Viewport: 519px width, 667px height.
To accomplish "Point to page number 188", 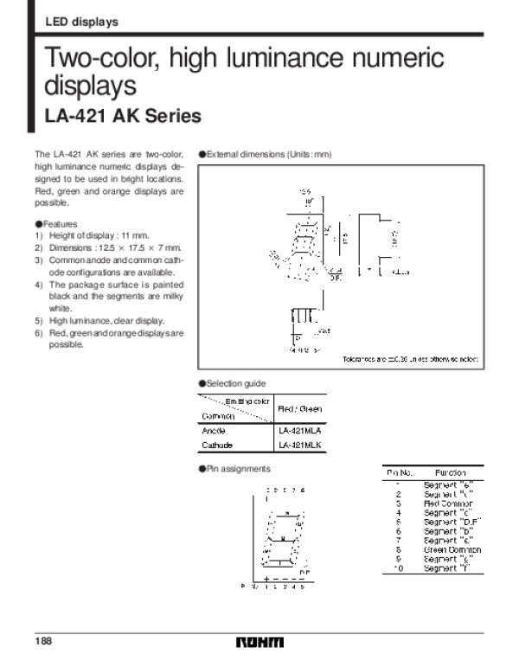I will (x=43, y=641).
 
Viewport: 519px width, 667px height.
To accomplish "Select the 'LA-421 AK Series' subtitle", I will (x=122, y=116).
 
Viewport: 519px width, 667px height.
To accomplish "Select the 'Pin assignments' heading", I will (x=235, y=468).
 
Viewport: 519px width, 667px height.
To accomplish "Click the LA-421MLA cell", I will (x=300, y=430).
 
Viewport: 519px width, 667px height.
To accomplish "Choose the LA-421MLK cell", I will (x=300, y=445).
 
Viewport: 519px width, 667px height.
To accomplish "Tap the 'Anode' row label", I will (x=214, y=430).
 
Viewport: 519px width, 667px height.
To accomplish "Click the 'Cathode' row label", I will (x=217, y=445).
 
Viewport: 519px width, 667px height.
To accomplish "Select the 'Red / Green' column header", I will (x=300, y=407).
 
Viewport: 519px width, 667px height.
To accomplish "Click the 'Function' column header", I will (x=451, y=473).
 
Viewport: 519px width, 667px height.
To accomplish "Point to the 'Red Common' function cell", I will (x=446, y=503).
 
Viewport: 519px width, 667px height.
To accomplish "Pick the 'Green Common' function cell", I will (x=452, y=550).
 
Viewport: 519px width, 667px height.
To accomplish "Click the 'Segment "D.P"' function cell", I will (x=452, y=522).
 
